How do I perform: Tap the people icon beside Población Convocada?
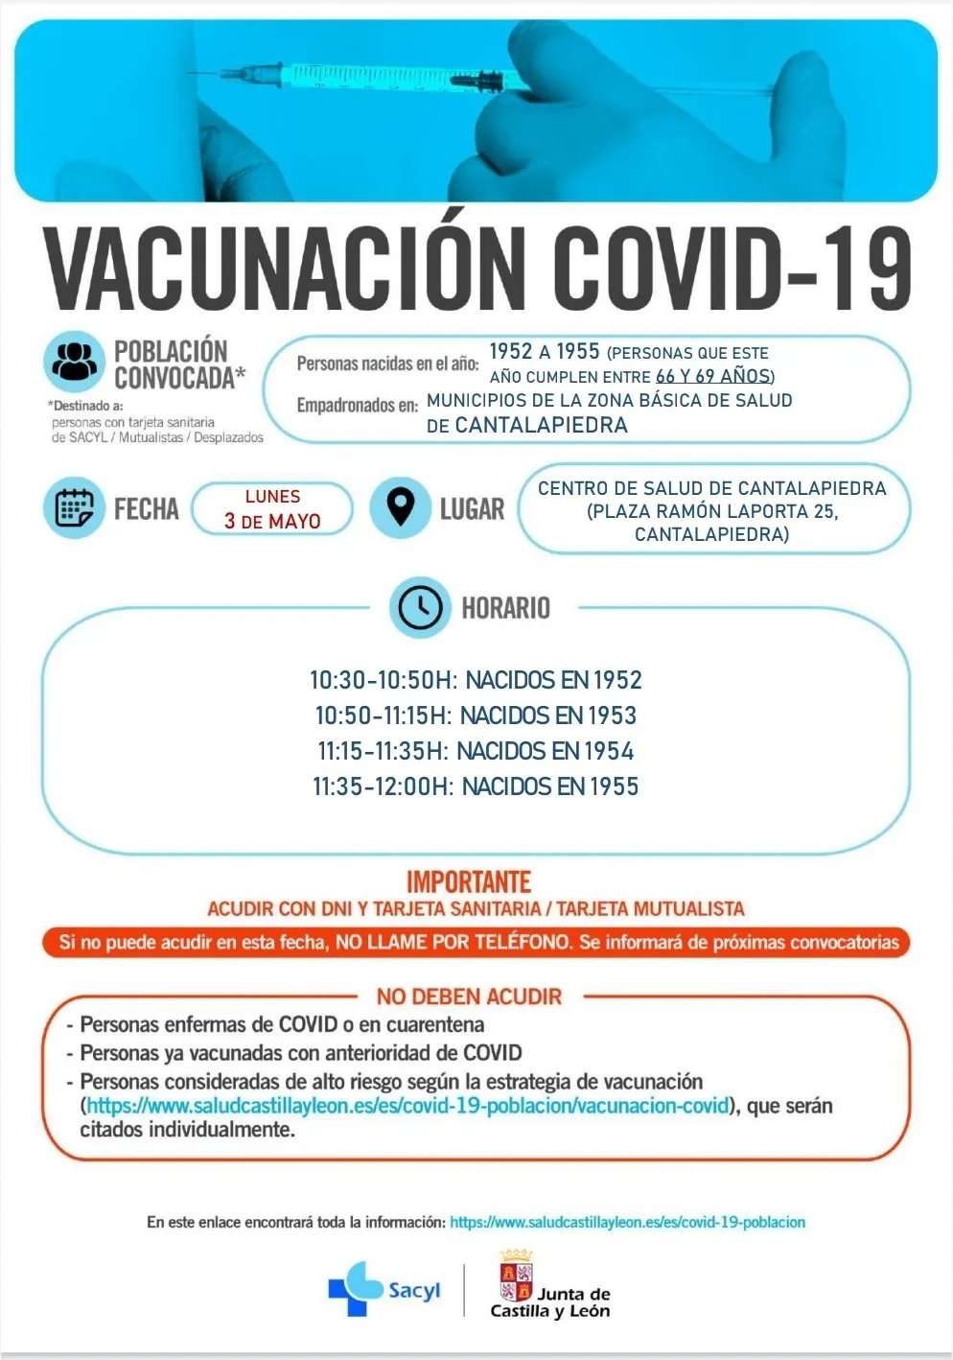[x=74, y=363]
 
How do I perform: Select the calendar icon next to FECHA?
[x=74, y=507]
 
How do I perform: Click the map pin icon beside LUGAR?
[x=400, y=507]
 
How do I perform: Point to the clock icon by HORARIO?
[x=420, y=607]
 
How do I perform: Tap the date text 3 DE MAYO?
[x=272, y=521]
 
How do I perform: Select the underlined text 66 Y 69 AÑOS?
[x=712, y=376]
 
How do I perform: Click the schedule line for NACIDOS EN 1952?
[x=476, y=680]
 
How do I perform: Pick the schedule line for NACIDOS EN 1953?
[x=476, y=715]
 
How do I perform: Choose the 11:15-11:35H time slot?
[x=382, y=751]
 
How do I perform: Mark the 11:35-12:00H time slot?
[x=382, y=786]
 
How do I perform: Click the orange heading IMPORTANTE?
[x=469, y=881]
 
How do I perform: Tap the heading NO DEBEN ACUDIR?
[x=469, y=997]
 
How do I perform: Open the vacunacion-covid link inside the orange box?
[x=407, y=1106]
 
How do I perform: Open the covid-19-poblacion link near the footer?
[x=627, y=1222]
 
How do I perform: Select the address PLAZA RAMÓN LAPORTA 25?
[x=712, y=511]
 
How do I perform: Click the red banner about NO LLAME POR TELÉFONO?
[x=476, y=942]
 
